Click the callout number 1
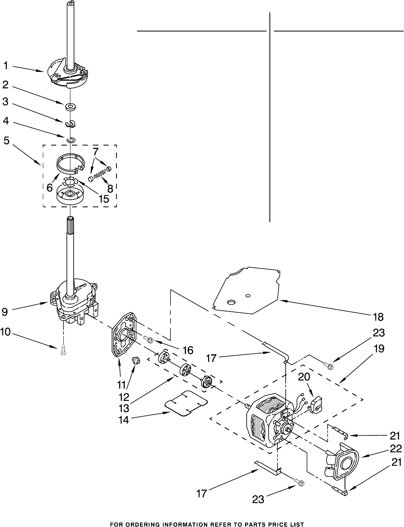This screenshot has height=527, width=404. [6, 66]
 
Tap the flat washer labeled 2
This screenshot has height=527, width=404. [70, 106]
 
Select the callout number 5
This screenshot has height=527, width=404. [6, 140]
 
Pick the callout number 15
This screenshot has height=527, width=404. [103, 199]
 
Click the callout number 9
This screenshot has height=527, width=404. [4, 312]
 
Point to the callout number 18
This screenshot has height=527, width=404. [378, 317]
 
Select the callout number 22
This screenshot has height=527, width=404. [396, 448]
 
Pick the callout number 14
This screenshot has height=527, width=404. [124, 420]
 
